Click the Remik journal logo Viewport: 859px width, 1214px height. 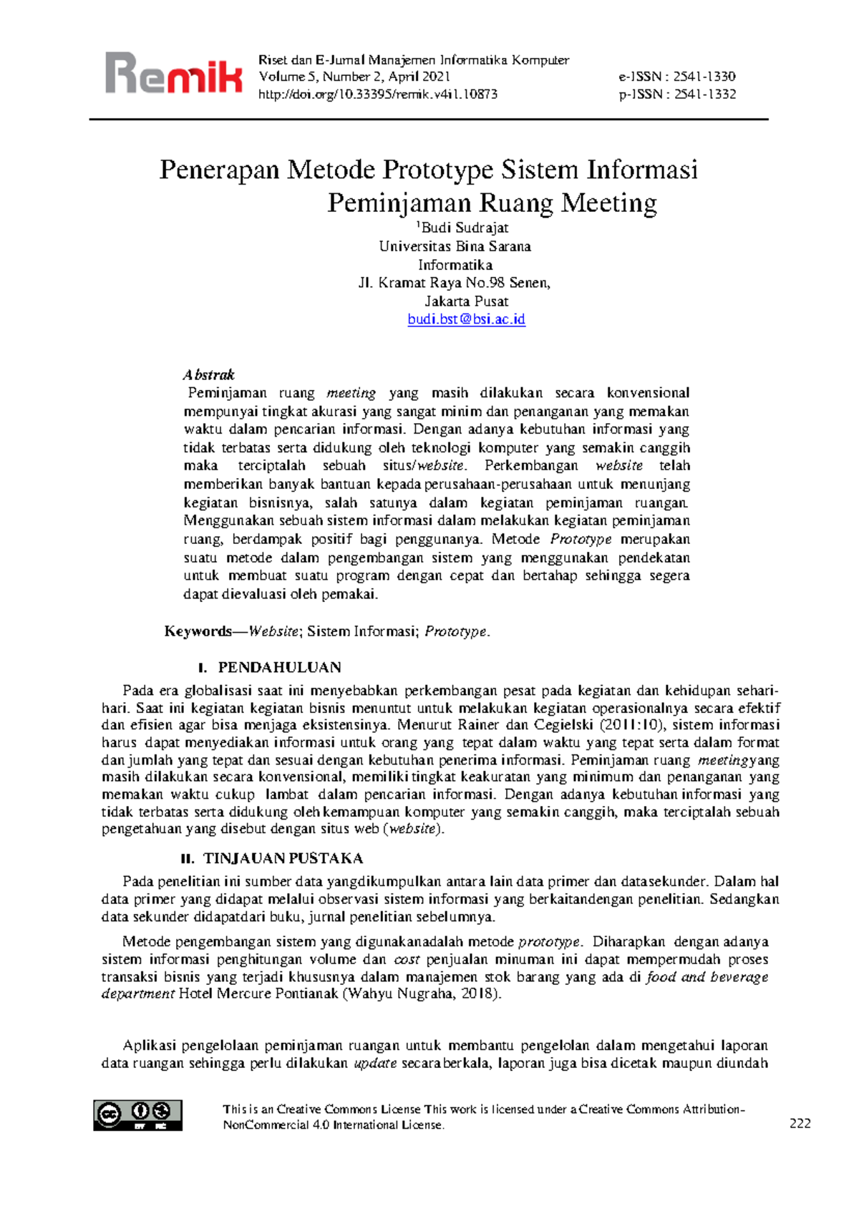click(174, 73)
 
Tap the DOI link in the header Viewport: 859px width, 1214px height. click(378, 94)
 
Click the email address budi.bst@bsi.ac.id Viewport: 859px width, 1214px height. click(466, 319)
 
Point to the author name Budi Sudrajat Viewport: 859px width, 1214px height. click(465, 228)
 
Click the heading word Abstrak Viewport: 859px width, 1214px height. click(208, 374)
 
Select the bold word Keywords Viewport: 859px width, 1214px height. click(198, 631)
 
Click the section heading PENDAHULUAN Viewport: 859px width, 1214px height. click(279, 667)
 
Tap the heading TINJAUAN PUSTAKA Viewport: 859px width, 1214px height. click(283, 858)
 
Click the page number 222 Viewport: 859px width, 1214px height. click(800, 1123)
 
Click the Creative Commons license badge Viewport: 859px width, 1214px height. click(137, 1115)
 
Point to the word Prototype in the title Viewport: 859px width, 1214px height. click(438, 170)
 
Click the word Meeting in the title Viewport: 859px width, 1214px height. click(608, 203)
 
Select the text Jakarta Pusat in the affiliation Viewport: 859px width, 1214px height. click(466, 301)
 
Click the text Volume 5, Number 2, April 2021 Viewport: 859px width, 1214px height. click(354, 77)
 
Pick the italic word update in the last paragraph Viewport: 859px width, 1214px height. click(375, 1063)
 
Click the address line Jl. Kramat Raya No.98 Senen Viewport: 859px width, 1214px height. click(454, 283)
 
